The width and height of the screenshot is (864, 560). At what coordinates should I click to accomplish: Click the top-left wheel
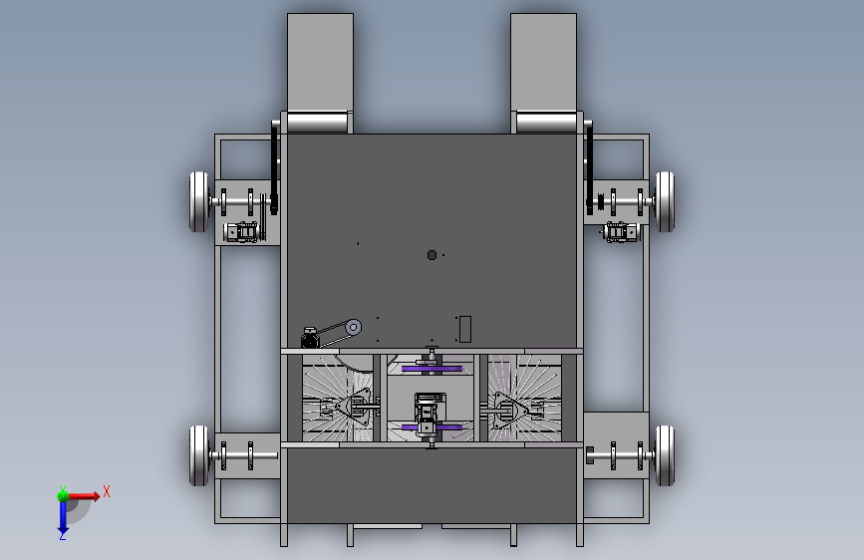199,201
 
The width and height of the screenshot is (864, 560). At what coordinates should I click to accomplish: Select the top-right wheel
665,201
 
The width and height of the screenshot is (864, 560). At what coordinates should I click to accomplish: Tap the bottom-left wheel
199,455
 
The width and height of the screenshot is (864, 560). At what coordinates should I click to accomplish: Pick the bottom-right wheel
665,455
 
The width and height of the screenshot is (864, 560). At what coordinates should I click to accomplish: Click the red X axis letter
107,491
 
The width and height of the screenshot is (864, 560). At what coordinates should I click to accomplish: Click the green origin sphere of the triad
63,496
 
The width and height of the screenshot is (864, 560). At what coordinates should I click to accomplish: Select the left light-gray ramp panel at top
320,63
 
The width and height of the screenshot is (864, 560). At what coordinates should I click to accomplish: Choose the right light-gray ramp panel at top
543,63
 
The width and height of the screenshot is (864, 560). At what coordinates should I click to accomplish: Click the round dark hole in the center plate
432,255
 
